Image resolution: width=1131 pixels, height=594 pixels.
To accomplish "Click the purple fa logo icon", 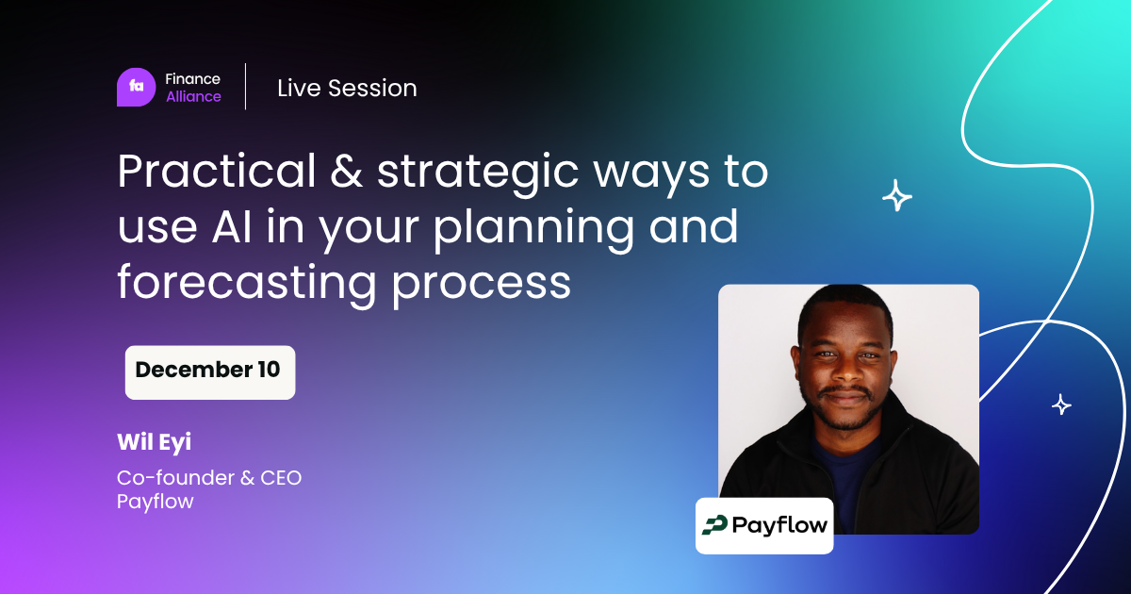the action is (x=137, y=87).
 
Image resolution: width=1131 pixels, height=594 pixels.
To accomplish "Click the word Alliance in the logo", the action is (x=193, y=96).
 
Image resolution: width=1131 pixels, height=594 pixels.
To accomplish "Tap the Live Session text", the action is (x=347, y=88).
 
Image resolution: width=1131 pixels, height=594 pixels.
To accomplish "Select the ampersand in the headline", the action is (x=347, y=171).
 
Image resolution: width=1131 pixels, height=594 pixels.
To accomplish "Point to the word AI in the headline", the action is (x=231, y=226).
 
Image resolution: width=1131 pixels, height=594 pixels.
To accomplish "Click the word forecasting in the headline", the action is (x=247, y=283).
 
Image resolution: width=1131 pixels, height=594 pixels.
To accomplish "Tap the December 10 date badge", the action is (x=210, y=372).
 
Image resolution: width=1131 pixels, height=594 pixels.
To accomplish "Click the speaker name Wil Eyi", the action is (x=154, y=442).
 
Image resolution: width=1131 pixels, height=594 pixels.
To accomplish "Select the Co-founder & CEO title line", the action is (x=209, y=477).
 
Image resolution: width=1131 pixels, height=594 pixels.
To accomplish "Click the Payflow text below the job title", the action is (x=155, y=502).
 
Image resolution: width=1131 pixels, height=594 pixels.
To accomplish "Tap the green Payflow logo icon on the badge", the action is (x=714, y=525).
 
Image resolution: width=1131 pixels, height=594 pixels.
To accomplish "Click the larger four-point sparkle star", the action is (x=896, y=195).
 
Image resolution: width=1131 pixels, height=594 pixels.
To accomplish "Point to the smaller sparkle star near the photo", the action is (x=1061, y=404).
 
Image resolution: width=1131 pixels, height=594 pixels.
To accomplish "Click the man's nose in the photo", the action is (x=846, y=371).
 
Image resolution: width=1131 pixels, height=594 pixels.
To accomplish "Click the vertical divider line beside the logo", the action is (x=246, y=87).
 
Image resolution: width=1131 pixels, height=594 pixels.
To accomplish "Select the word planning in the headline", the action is (x=534, y=229).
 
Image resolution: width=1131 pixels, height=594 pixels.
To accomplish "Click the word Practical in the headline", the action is (x=217, y=171).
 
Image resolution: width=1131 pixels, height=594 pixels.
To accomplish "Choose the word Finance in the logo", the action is (x=192, y=79).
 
